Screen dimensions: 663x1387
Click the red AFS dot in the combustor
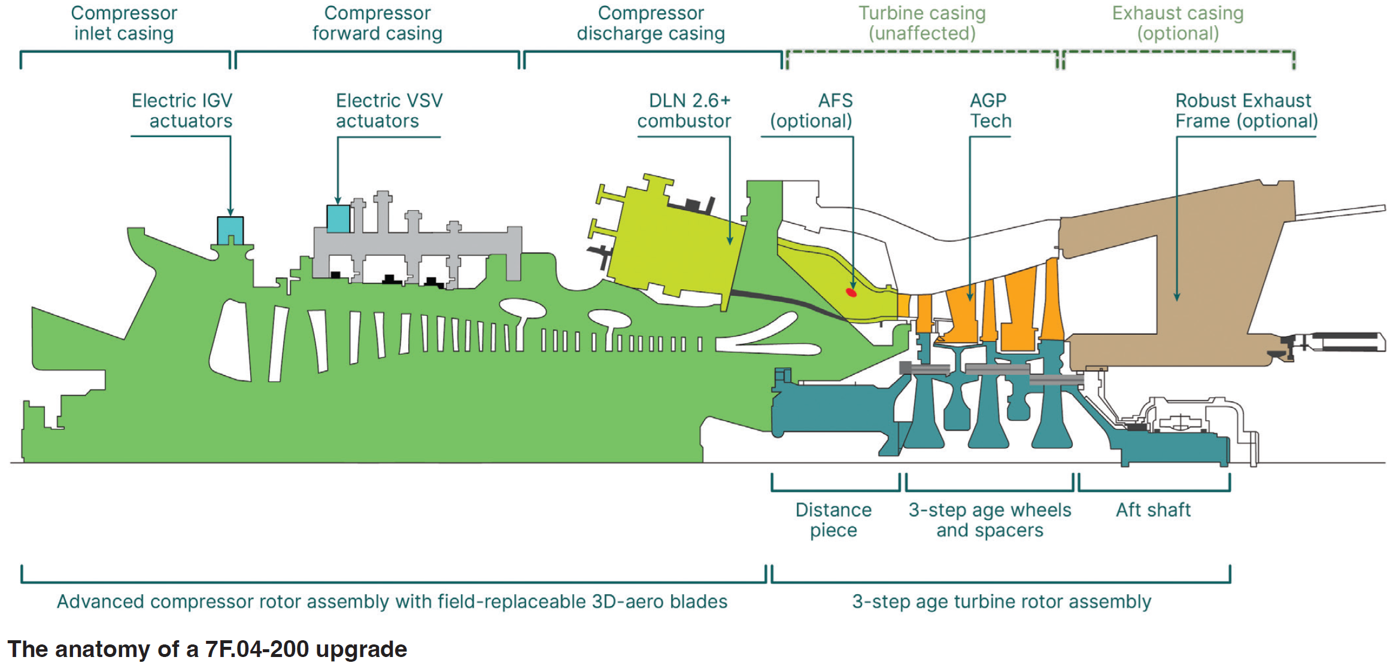coord(851,292)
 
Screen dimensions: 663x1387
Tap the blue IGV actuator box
coord(230,230)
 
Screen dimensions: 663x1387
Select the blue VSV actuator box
coord(338,219)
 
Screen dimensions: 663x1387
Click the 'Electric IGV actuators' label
coord(182,111)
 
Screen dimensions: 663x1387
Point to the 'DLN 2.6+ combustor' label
coord(684,111)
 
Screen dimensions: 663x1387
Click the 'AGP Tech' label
coord(990,111)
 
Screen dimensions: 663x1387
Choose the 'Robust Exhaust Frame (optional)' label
coord(1246,111)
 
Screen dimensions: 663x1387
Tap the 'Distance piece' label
coord(833,520)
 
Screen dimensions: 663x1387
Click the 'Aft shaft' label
coord(1153,510)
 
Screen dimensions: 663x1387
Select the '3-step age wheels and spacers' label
coord(990,520)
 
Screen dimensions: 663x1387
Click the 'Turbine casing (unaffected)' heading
coord(922,23)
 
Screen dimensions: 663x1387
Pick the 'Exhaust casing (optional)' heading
coord(1177,23)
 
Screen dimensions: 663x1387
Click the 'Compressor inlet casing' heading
coord(124,23)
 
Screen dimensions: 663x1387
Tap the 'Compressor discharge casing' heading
coord(651,23)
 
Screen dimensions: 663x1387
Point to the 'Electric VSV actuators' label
coord(389,111)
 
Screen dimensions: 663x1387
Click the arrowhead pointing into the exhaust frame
coord(1177,297)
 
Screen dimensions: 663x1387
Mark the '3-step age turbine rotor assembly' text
coord(1001,601)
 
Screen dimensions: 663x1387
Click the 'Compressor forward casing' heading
coord(377,23)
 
